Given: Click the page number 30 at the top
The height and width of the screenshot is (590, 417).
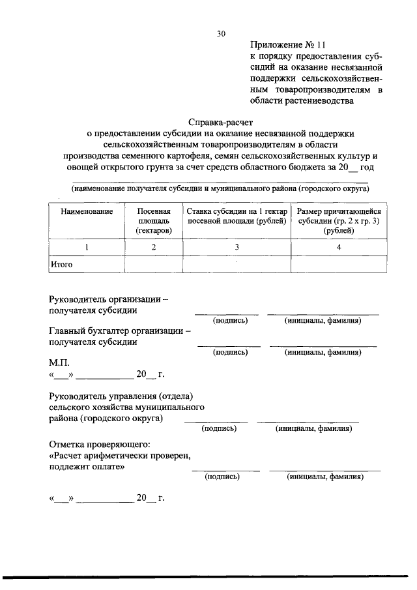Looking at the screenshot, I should click(221, 34).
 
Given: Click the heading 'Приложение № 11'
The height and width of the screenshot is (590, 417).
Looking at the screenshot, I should click(287, 45).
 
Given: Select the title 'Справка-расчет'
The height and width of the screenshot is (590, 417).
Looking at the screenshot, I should click(220, 122).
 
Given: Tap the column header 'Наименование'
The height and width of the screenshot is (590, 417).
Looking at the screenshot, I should click(87, 212).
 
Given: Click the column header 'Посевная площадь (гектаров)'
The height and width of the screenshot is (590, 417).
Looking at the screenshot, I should click(154, 221).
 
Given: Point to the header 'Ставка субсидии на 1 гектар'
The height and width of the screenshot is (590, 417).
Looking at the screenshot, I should click(237, 216).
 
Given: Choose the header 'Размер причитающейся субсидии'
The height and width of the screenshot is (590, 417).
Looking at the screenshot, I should click(339, 221).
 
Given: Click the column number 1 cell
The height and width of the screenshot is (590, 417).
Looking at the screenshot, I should click(87, 247).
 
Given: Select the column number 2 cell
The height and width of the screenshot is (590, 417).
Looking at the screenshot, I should click(154, 247).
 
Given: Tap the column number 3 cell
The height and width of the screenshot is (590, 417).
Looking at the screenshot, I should click(237, 247).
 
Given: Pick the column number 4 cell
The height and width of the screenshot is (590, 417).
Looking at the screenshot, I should click(339, 247).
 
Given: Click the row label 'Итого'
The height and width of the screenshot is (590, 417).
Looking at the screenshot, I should click(61, 265).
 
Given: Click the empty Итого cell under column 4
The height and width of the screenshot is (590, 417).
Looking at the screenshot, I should click(339, 265).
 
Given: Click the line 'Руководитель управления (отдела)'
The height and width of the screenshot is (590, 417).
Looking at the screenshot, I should click(121, 396).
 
